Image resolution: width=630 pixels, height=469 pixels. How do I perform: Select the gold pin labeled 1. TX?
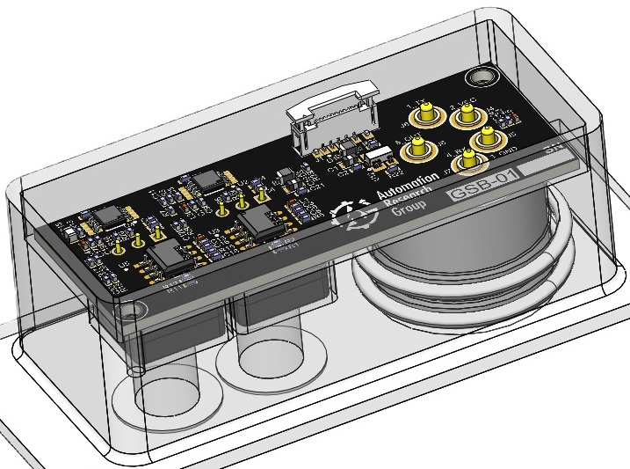[428, 114]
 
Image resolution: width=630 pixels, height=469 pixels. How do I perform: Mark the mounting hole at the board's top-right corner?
[482, 76]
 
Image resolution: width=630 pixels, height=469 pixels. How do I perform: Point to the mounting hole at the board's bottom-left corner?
[133, 311]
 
